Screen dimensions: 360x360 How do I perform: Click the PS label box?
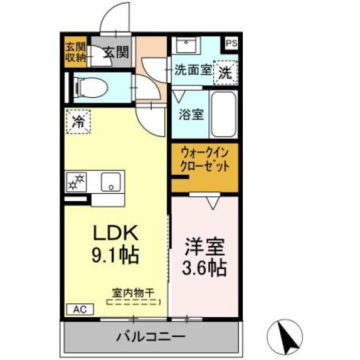pyautogui.click(x=231, y=43)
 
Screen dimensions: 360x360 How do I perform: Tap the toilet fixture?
pyautogui.click(x=91, y=88)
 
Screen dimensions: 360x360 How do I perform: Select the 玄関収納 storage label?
pyautogui.click(x=76, y=53)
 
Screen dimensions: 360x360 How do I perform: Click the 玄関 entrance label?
pyautogui.click(x=115, y=53)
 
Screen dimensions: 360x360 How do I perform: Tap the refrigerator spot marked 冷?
pyautogui.click(x=79, y=121)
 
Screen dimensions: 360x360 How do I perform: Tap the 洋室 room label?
pyautogui.click(x=204, y=247)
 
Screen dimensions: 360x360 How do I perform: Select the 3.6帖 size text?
pyautogui.click(x=204, y=268)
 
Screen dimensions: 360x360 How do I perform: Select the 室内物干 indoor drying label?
pyautogui.click(x=133, y=291)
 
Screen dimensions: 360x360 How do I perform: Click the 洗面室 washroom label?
pyautogui.click(x=193, y=69)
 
